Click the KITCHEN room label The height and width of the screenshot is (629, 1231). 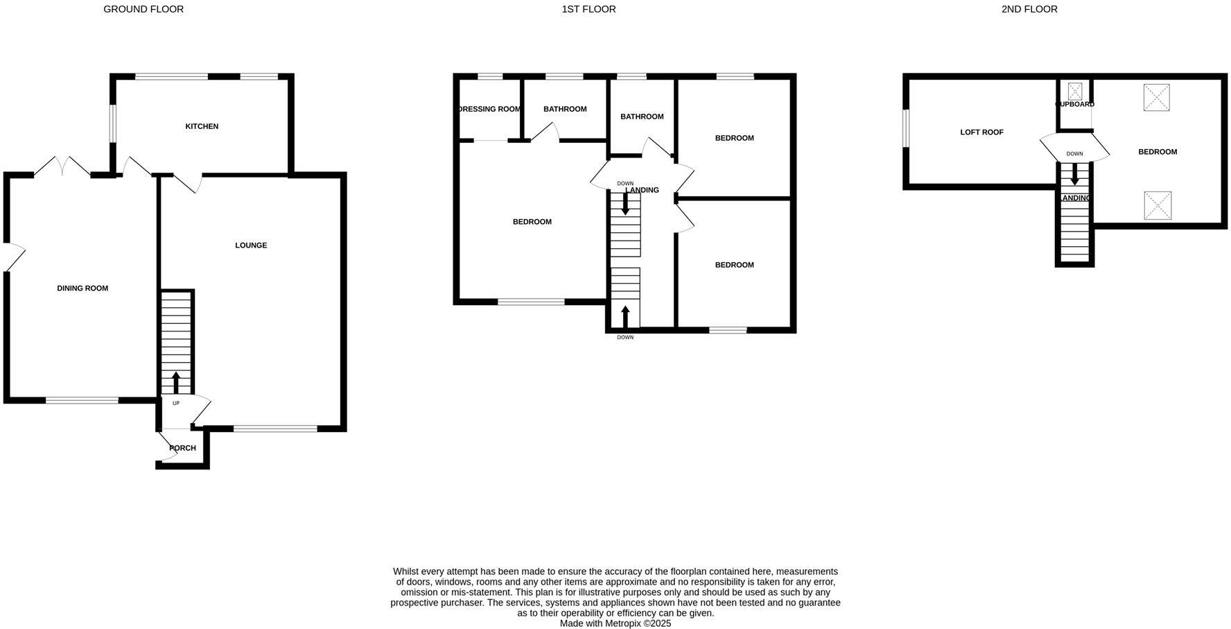(202, 126)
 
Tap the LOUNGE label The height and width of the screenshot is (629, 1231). (251, 245)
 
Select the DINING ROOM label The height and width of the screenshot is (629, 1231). (82, 288)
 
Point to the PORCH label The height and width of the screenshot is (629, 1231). (183, 448)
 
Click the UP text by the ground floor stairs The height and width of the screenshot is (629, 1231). (176, 403)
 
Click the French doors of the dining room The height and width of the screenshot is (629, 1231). (62, 166)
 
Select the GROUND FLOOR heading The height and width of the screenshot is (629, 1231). (143, 9)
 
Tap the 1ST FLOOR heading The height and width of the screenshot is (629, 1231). (588, 9)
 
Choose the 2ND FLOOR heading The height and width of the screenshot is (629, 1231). (1029, 9)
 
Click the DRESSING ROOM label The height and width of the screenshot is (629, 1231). (489, 109)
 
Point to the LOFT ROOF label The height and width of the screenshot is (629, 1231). (981, 132)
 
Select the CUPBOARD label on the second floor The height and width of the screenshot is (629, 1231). (1075, 105)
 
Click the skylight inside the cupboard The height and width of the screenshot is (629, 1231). (1075, 92)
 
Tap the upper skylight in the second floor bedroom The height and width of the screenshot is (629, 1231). (1156, 97)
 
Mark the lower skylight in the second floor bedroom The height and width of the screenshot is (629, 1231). (1158, 205)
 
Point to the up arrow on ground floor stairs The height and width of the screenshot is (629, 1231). (176, 382)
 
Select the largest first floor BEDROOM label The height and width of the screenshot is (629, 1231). (532, 222)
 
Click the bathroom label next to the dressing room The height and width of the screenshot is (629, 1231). (565, 109)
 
